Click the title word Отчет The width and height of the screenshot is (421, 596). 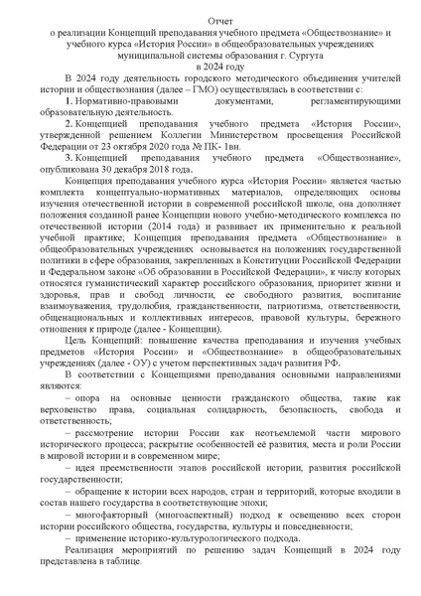pos(210,20)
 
